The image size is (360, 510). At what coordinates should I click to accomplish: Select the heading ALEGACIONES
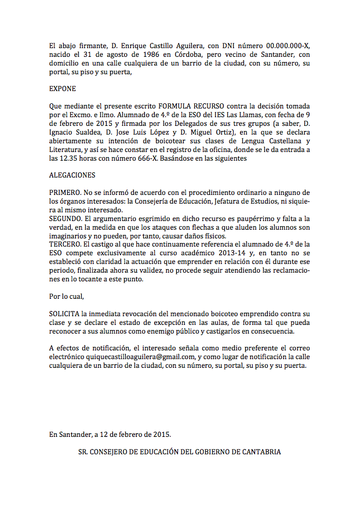71,175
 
